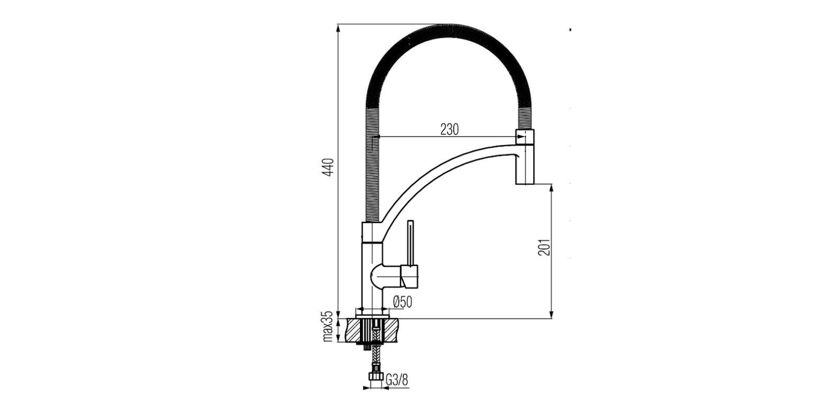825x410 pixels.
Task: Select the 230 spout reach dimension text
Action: tap(449, 129)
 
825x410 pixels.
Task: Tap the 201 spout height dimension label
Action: tap(544, 246)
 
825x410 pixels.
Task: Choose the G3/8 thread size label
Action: tap(397, 380)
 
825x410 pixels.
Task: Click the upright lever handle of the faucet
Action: tap(411, 242)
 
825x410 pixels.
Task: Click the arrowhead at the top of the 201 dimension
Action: tap(551, 187)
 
